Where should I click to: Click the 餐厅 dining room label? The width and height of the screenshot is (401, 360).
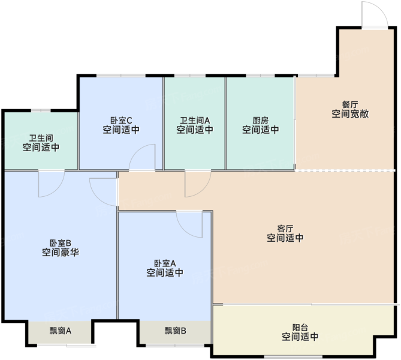point(350,104)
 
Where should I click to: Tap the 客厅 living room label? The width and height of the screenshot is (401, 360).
point(285,229)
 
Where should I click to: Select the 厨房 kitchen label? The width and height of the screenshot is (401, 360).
point(260,121)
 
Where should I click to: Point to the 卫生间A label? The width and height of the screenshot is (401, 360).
point(195,121)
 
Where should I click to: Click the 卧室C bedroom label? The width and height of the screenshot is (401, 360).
point(121,121)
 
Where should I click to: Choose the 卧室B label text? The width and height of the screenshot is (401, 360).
point(60,243)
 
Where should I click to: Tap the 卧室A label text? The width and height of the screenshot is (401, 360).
point(165,263)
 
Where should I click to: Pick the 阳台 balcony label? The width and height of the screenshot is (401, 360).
point(300,328)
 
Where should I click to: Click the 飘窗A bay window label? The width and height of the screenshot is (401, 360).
point(61,331)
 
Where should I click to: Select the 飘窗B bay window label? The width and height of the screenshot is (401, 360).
point(175,331)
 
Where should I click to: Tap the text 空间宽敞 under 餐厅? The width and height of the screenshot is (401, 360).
point(350,114)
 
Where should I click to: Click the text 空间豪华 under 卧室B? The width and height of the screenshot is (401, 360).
point(61,253)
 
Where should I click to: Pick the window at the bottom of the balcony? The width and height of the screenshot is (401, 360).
point(293,356)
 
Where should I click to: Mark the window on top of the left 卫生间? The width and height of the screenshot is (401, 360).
point(41,110)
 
